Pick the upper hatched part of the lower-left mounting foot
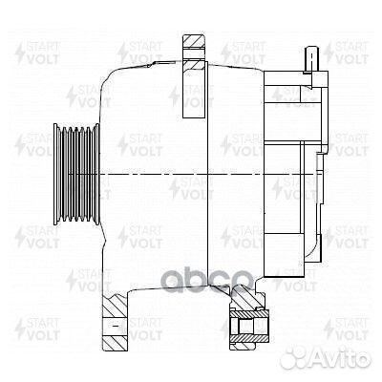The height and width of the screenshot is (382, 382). (113, 308)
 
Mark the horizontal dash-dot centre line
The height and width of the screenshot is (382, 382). (172, 177)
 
